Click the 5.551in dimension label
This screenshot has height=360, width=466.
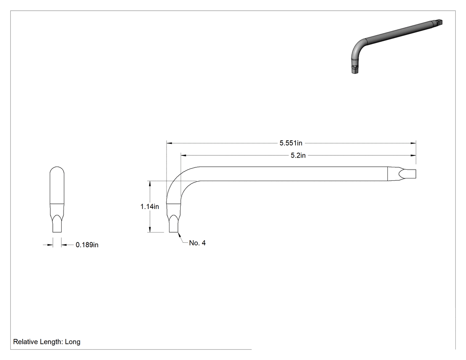point(291,143)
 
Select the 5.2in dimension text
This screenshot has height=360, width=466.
point(298,155)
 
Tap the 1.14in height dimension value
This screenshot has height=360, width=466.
point(150,206)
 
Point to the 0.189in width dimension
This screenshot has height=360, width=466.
point(87,245)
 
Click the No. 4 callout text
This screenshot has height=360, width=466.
point(197,243)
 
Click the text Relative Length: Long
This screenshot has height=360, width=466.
point(47,342)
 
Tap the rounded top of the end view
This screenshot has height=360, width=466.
point(57,171)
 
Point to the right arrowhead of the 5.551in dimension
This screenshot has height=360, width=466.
point(413,143)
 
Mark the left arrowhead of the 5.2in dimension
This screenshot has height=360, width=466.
point(183,155)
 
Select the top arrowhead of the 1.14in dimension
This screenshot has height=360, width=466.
point(150,183)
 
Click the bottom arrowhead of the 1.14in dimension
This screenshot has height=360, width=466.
point(150,229)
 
